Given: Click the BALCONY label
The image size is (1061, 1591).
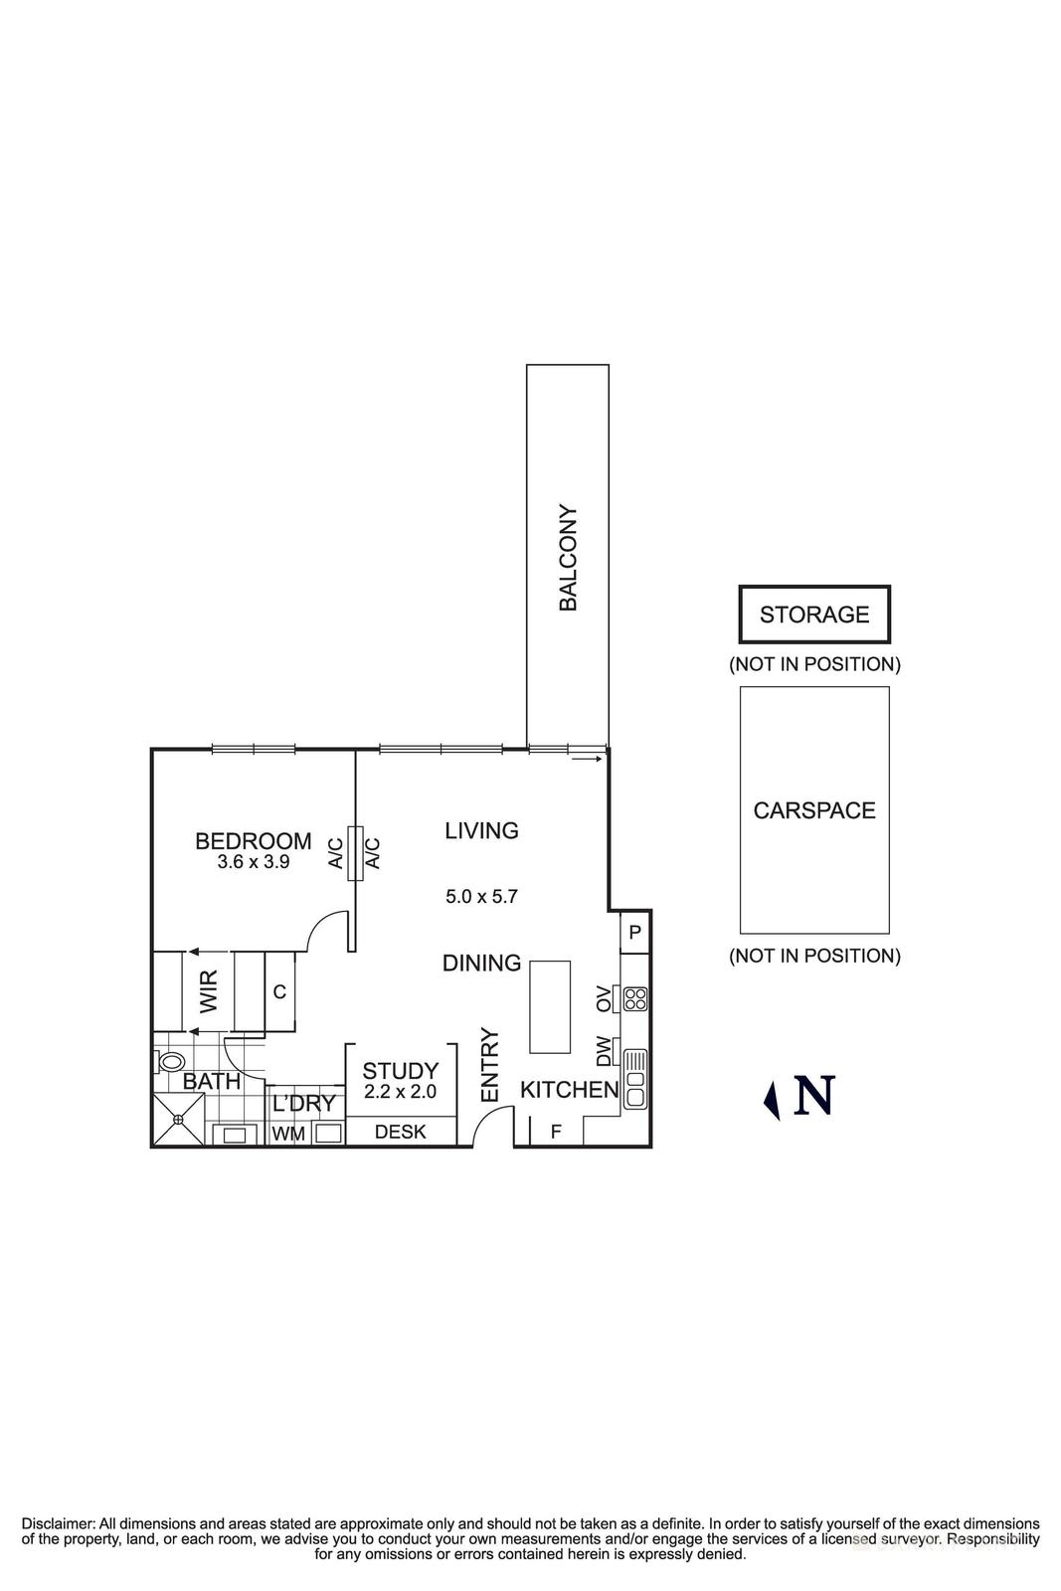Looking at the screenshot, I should [568, 558].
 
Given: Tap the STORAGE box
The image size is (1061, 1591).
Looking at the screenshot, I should [814, 615].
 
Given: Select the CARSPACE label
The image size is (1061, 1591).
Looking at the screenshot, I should [814, 810].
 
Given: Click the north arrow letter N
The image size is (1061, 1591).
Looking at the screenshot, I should [812, 1096].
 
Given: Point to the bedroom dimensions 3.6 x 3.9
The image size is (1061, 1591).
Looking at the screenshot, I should [254, 862].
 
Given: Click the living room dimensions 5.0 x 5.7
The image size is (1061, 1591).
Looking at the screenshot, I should [481, 896].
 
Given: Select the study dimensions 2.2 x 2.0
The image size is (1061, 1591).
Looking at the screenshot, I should [400, 1091].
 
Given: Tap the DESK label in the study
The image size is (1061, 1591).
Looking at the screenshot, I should [400, 1132].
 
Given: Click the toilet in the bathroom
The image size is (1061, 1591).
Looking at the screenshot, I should [171, 1062].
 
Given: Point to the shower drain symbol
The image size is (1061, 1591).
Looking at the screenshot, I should [179, 1120].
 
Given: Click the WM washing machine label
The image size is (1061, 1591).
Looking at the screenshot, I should [287, 1134].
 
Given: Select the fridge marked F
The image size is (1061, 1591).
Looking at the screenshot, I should [556, 1132].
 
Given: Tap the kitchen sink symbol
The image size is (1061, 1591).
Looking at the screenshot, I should [635, 1079].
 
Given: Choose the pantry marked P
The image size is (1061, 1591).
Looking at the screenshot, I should [634, 933].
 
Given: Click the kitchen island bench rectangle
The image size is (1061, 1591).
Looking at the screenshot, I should [550, 1006].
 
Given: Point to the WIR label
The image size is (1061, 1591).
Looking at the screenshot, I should [209, 991].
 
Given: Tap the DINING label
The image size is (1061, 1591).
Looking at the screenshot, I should [481, 963].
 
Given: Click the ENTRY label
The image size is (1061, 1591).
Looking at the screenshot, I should [489, 1065].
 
